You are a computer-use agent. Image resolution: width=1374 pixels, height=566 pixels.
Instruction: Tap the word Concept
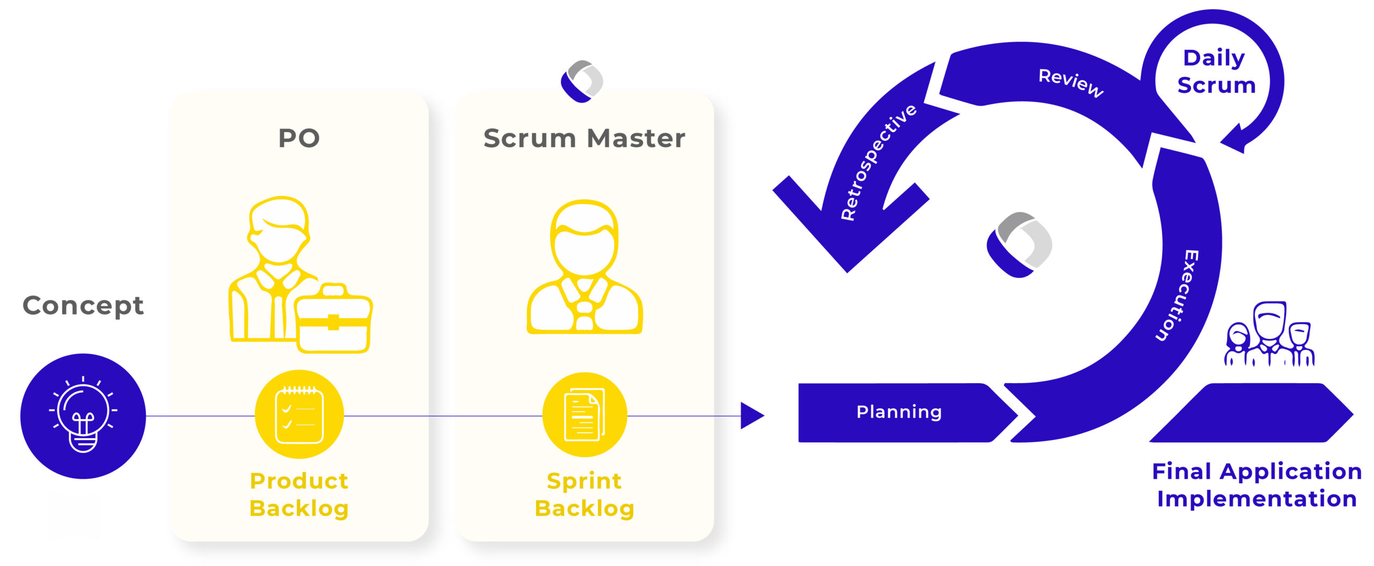pyautogui.click(x=83, y=306)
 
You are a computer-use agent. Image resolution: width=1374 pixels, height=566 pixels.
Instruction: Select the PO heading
pyautogui.click(x=299, y=138)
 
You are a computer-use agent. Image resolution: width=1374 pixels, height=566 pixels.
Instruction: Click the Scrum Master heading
pyautogui.click(x=584, y=138)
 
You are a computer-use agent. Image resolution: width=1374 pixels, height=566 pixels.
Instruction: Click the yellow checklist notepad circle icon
pyautogui.click(x=299, y=414)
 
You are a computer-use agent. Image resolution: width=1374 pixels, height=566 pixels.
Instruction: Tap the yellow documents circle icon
pyautogui.click(x=584, y=414)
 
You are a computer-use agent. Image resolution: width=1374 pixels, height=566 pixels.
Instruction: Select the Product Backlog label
pyautogui.click(x=299, y=494)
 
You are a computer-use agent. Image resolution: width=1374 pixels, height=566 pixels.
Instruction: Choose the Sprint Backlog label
pyautogui.click(x=584, y=494)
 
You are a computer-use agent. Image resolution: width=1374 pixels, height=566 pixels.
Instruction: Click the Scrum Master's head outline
pyautogui.click(x=584, y=239)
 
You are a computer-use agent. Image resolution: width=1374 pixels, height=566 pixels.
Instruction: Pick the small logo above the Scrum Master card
pyautogui.click(x=582, y=81)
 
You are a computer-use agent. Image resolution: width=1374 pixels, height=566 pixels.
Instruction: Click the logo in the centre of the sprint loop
pyautogui.click(x=1019, y=245)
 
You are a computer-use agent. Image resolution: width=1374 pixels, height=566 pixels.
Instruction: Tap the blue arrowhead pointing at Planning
pyautogui.click(x=752, y=415)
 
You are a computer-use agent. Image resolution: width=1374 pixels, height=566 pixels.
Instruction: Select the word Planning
pyautogui.click(x=899, y=412)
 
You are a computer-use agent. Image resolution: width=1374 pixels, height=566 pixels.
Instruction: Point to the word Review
pyautogui.click(x=1071, y=83)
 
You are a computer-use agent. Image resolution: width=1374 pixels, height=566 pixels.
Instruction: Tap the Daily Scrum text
pyautogui.click(x=1216, y=71)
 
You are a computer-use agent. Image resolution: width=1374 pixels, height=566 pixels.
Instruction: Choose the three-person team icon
pyautogui.click(x=1269, y=335)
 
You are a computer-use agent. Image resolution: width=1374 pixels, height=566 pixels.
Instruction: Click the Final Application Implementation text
pyautogui.click(x=1256, y=485)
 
